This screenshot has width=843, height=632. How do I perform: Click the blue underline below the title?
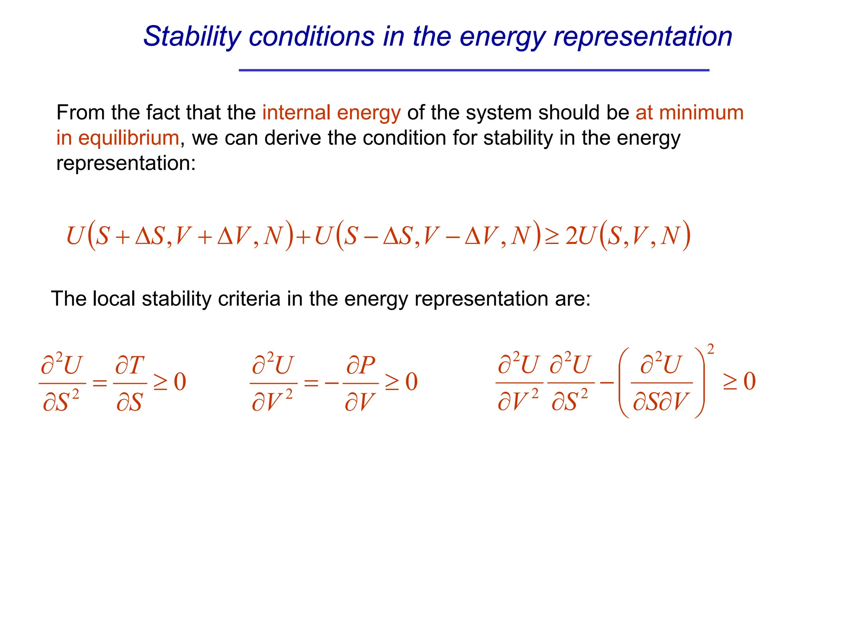[474, 70]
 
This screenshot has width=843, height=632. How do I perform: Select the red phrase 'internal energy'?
[331, 113]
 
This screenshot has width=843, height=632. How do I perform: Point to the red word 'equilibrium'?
[128, 138]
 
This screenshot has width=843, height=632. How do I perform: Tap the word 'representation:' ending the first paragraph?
[126, 163]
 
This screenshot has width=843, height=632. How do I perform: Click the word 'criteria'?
[249, 299]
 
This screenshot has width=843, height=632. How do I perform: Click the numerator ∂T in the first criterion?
[130, 365]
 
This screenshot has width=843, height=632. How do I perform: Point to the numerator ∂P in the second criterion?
[361, 365]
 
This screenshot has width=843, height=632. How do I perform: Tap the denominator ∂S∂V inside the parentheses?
[661, 402]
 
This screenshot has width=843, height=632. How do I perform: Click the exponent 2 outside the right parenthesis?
[710, 349]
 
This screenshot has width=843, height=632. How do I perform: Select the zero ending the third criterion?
[750, 381]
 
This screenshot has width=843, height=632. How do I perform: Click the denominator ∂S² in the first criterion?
[61, 402]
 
